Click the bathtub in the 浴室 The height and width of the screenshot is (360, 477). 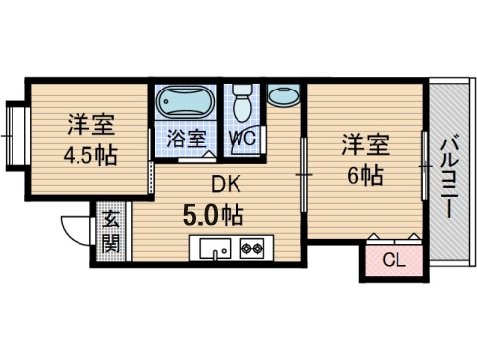(185, 103)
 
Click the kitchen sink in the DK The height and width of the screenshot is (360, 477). (214, 248)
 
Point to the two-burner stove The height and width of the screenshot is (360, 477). (250, 248)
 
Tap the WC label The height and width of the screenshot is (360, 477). (242, 138)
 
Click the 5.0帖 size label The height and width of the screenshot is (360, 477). (214, 213)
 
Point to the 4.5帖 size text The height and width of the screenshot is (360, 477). (91, 155)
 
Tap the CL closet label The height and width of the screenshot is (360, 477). (393, 262)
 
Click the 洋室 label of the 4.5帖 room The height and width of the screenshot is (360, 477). (91, 126)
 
